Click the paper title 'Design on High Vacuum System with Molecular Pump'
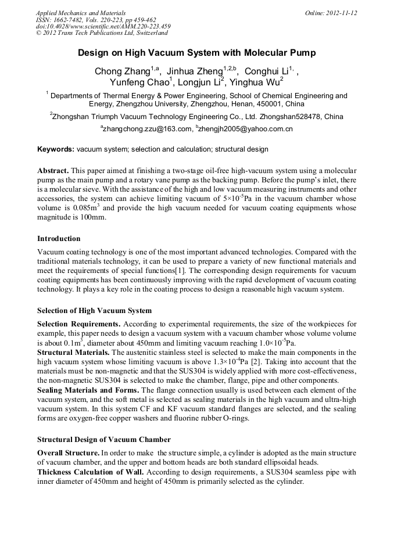197,53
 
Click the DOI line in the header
103,27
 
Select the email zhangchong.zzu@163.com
146,129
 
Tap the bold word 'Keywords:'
56,149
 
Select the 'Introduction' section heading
59,239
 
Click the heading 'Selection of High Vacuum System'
94,310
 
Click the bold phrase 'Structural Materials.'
73,353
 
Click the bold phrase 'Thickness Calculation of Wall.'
90,472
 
